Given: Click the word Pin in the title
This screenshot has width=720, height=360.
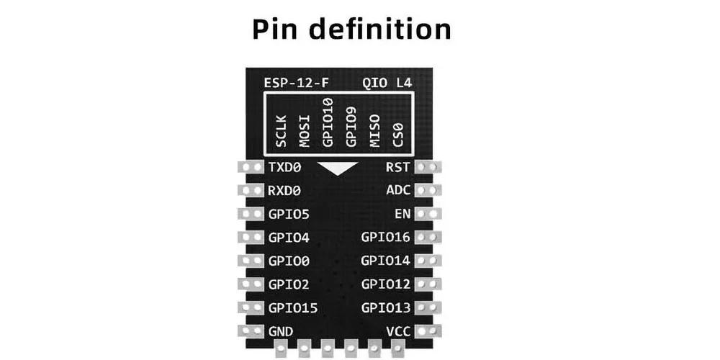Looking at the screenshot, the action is pyautogui.click(x=277, y=29).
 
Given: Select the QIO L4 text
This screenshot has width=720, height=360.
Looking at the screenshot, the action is pyautogui.click(x=387, y=84).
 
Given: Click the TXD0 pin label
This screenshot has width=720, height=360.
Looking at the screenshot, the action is pyautogui.click(x=284, y=168).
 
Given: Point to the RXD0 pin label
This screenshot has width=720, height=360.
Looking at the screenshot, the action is pyautogui.click(x=284, y=191).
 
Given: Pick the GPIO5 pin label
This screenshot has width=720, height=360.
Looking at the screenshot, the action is pyautogui.click(x=289, y=215).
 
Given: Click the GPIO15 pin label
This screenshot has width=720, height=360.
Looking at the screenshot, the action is pyautogui.click(x=293, y=308).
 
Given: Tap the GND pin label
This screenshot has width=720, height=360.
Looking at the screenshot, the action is pyautogui.click(x=280, y=331).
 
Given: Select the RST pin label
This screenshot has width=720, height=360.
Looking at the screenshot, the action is pyautogui.click(x=397, y=168).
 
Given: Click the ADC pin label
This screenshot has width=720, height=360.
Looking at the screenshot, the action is pyautogui.click(x=397, y=191).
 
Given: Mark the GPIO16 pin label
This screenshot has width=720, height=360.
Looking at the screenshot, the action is pyautogui.click(x=385, y=238).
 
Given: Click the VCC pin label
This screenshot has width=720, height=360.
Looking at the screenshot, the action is pyautogui.click(x=397, y=331).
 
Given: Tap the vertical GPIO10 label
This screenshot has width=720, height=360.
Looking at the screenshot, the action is pyautogui.click(x=328, y=122).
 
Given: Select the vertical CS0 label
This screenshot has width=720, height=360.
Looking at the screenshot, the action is pyautogui.click(x=397, y=133).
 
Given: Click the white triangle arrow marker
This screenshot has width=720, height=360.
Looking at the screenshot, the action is pyautogui.click(x=339, y=169).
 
